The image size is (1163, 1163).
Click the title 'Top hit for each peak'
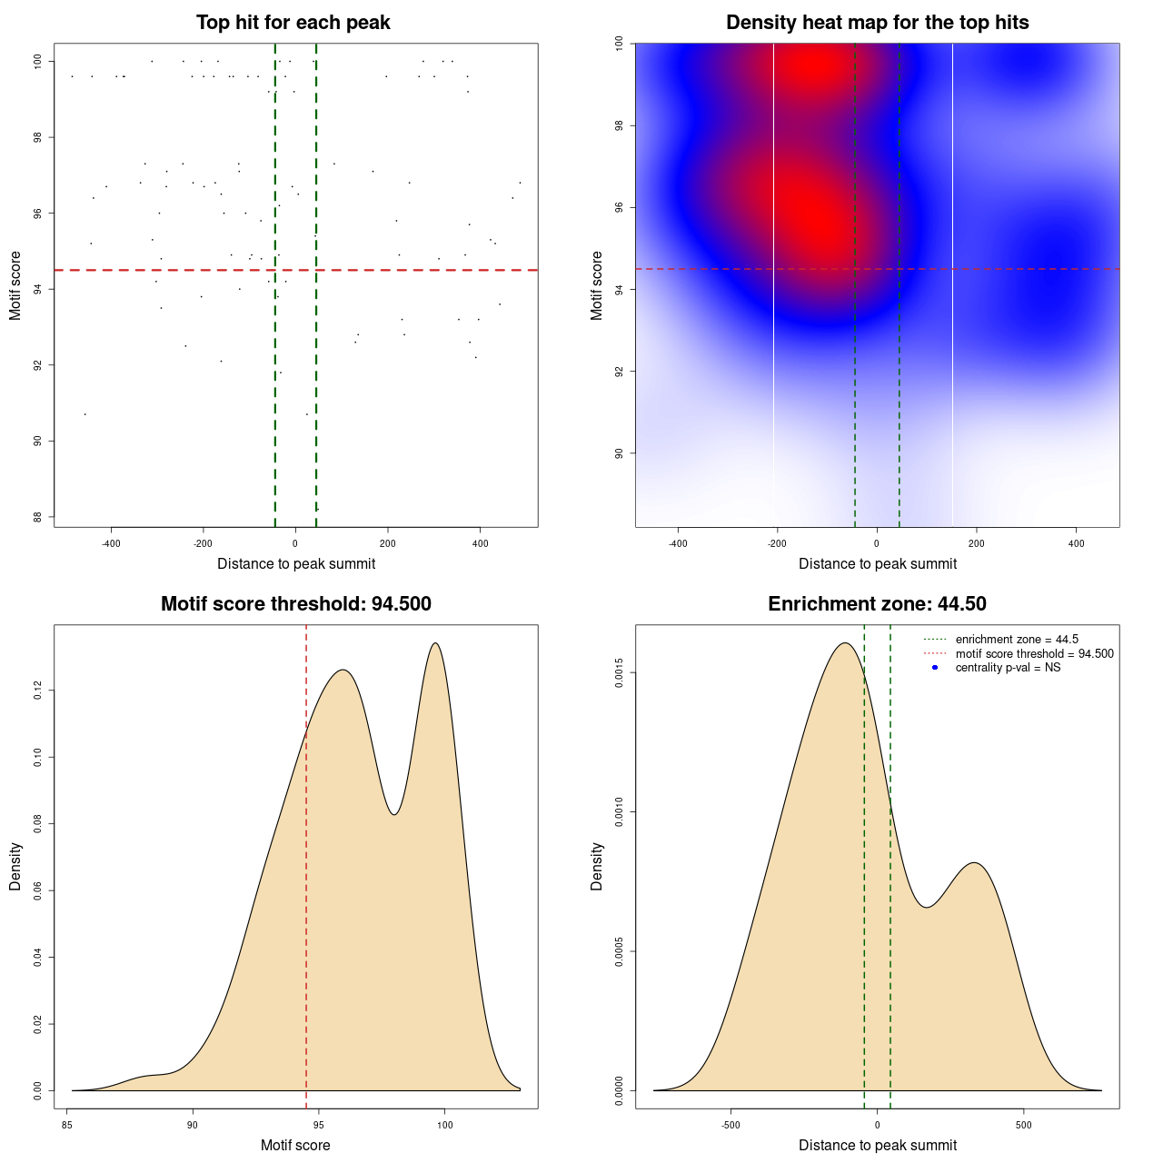click(x=293, y=23)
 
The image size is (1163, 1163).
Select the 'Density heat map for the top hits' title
click(x=877, y=23)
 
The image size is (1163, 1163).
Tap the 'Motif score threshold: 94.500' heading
click(x=295, y=604)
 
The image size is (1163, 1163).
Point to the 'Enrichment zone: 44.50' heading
click(x=877, y=604)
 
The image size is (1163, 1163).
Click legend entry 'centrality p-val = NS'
click(x=1008, y=668)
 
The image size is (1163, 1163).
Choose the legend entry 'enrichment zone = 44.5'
click(x=1017, y=640)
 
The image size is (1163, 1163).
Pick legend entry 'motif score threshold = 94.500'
click(x=1034, y=654)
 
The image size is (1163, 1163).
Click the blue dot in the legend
click(x=935, y=668)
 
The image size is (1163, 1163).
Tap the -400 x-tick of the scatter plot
click(x=111, y=544)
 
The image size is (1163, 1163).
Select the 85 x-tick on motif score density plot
click(x=66, y=1125)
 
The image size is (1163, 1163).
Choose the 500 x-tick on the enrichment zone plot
click(x=1024, y=1125)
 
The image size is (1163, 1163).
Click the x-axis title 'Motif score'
click(x=295, y=1146)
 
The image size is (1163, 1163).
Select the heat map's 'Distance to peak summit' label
click(x=877, y=564)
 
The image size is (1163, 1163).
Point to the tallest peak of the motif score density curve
click(x=436, y=643)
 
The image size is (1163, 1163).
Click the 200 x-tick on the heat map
click(x=976, y=544)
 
